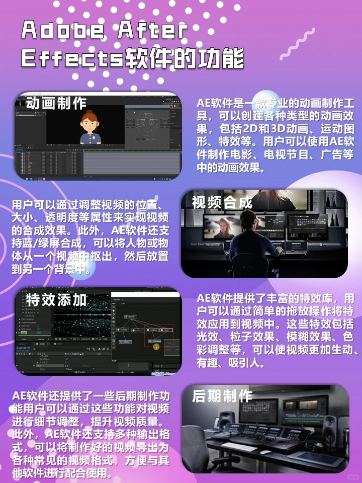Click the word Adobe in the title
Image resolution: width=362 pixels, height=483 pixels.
point(62,31)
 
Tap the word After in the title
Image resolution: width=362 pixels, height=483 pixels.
point(153,31)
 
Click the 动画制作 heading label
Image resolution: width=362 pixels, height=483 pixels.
point(56,104)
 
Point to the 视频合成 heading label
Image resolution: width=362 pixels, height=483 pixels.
point(222,202)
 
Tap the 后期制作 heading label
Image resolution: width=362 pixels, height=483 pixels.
point(222,395)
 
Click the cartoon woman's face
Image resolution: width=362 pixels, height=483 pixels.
point(91,123)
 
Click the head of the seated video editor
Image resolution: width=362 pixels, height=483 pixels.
point(250,219)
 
